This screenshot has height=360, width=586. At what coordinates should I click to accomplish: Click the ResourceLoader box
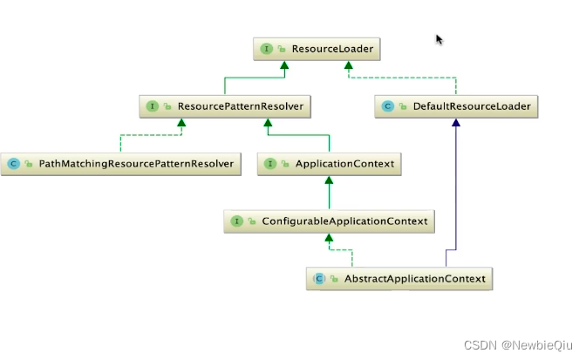[x=317, y=49]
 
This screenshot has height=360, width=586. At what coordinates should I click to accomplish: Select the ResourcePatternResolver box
[x=227, y=106]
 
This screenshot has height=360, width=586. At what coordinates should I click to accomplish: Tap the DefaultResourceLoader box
[x=456, y=106]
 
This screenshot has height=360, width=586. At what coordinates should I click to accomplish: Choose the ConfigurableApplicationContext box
[x=329, y=221]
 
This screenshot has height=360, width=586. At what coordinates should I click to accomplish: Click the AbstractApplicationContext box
[x=401, y=279]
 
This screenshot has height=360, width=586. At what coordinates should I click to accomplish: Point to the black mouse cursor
[x=439, y=39]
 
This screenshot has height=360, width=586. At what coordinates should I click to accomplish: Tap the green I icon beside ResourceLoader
[x=266, y=49]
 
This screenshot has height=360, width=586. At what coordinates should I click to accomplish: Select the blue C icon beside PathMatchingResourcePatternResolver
[x=13, y=163]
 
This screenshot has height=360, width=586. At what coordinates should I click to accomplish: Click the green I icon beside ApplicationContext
[x=271, y=163]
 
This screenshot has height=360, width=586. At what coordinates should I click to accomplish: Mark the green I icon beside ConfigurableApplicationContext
[x=235, y=221]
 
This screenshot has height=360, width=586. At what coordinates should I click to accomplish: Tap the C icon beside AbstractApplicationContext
[x=319, y=279]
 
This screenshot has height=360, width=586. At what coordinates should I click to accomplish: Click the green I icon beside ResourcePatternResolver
[x=152, y=106]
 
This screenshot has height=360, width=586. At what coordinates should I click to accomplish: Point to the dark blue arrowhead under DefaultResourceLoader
[x=455, y=123]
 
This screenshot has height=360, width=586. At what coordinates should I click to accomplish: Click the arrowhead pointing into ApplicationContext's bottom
[x=329, y=180]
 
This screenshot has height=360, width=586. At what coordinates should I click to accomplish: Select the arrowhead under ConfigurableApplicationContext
[x=329, y=238]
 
